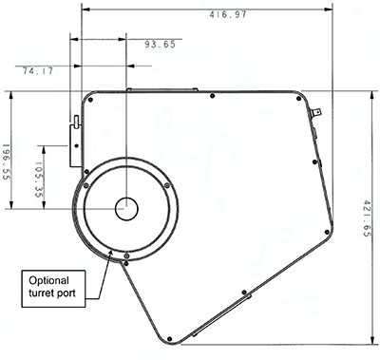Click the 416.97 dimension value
point(227,14)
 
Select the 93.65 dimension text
point(160,45)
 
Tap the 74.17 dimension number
point(38,71)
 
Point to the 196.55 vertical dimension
point(7,162)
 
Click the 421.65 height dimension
point(366,218)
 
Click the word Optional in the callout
point(48,280)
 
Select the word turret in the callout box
point(42,293)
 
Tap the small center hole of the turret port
point(126,209)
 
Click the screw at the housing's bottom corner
point(170,339)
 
